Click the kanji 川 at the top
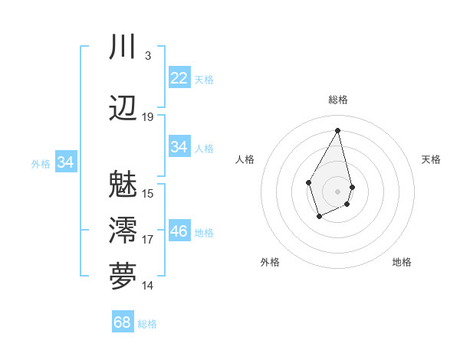(x=123, y=47)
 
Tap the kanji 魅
(x=123, y=184)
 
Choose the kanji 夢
(x=123, y=276)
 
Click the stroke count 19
(x=148, y=117)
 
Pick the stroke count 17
(x=148, y=240)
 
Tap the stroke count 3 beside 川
(x=147, y=56)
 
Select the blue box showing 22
(x=179, y=78)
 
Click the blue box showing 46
(x=179, y=231)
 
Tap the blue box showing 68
(x=122, y=322)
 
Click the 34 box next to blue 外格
(x=65, y=162)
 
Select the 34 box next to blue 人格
(x=179, y=147)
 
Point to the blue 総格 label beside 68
(x=147, y=324)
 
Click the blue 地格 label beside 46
(x=204, y=233)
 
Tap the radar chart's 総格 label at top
(x=338, y=100)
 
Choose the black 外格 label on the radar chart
(x=270, y=262)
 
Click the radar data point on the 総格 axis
(x=337, y=130)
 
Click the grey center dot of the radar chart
(x=337, y=190)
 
